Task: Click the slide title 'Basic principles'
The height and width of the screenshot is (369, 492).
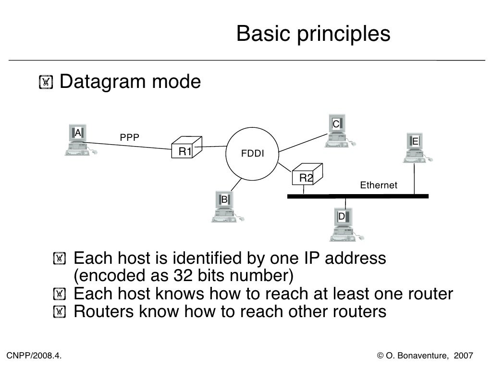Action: [313, 34]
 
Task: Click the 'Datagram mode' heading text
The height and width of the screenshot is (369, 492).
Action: [130, 82]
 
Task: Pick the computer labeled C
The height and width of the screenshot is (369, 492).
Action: [338, 131]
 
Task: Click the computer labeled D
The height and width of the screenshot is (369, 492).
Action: [343, 224]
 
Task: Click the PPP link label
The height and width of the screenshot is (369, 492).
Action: [130, 137]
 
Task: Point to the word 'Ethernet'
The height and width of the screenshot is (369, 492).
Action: [379, 185]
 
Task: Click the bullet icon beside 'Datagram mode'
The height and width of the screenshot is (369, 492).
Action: [46, 83]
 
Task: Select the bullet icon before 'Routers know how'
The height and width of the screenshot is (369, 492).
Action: [59, 312]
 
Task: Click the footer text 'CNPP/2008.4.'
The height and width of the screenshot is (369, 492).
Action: [34, 356]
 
